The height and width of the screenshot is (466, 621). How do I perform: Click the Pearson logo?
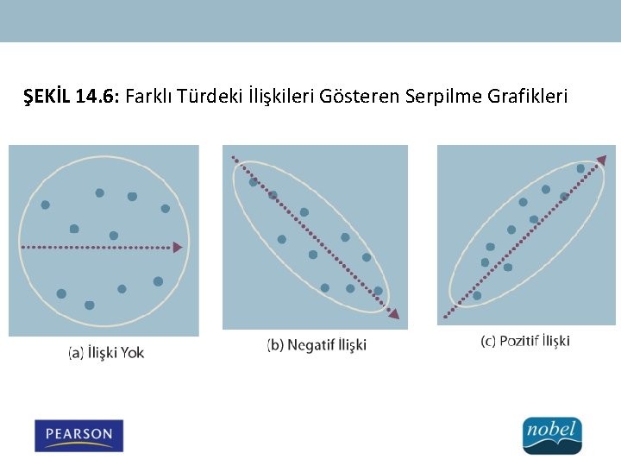coord(78,435)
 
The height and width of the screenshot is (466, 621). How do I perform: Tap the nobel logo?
coord(552,435)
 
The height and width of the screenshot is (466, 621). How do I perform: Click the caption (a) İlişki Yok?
coord(106,353)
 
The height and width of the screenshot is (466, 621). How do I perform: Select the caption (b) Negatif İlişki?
coord(317,345)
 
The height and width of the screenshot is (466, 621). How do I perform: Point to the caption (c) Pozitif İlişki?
coord(525,341)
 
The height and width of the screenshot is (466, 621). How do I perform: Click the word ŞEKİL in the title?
coord(47,97)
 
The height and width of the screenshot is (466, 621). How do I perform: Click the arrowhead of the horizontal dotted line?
coord(178,248)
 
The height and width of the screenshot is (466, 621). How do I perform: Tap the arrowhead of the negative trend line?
coord(393,313)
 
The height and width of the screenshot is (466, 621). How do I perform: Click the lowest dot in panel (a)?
coord(90,305)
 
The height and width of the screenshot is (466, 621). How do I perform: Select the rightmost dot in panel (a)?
coord(165,209)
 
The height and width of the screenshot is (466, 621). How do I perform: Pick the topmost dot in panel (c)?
coord(580,168)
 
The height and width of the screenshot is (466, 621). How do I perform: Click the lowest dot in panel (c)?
coord(477,296)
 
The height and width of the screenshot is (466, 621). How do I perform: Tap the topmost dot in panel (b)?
coord(254,182)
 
